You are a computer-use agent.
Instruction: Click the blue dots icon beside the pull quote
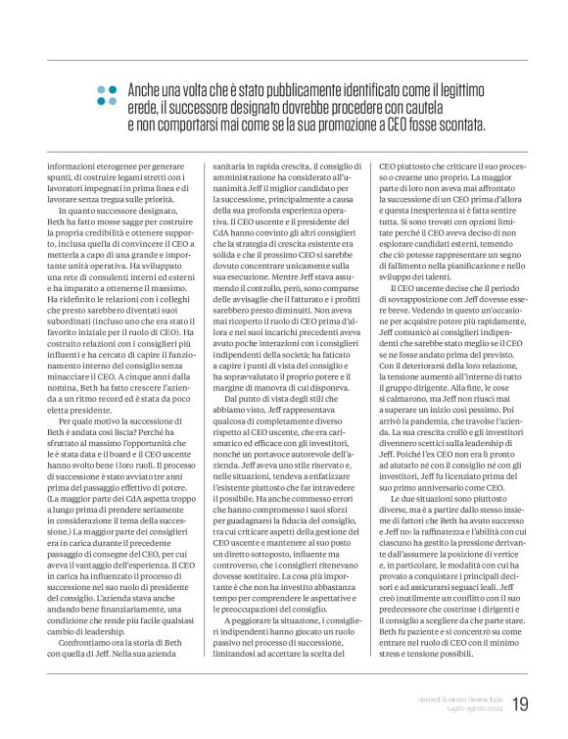[x=106, y=95]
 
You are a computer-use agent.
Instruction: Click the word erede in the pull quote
[x=145, y=108]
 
